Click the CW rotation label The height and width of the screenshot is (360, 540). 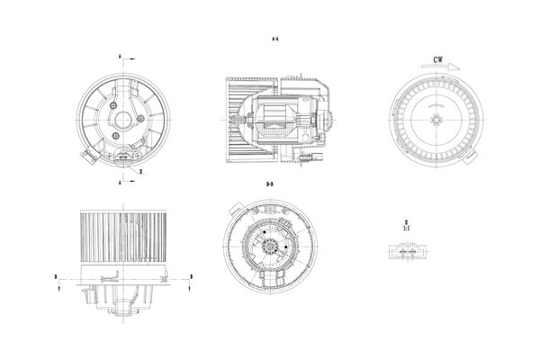point(438,60)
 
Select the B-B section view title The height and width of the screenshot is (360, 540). point(270,184)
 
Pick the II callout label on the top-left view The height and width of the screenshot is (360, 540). point(139,168)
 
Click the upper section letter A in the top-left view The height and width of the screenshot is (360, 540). point(119,57)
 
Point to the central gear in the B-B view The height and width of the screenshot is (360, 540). point(269,240)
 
